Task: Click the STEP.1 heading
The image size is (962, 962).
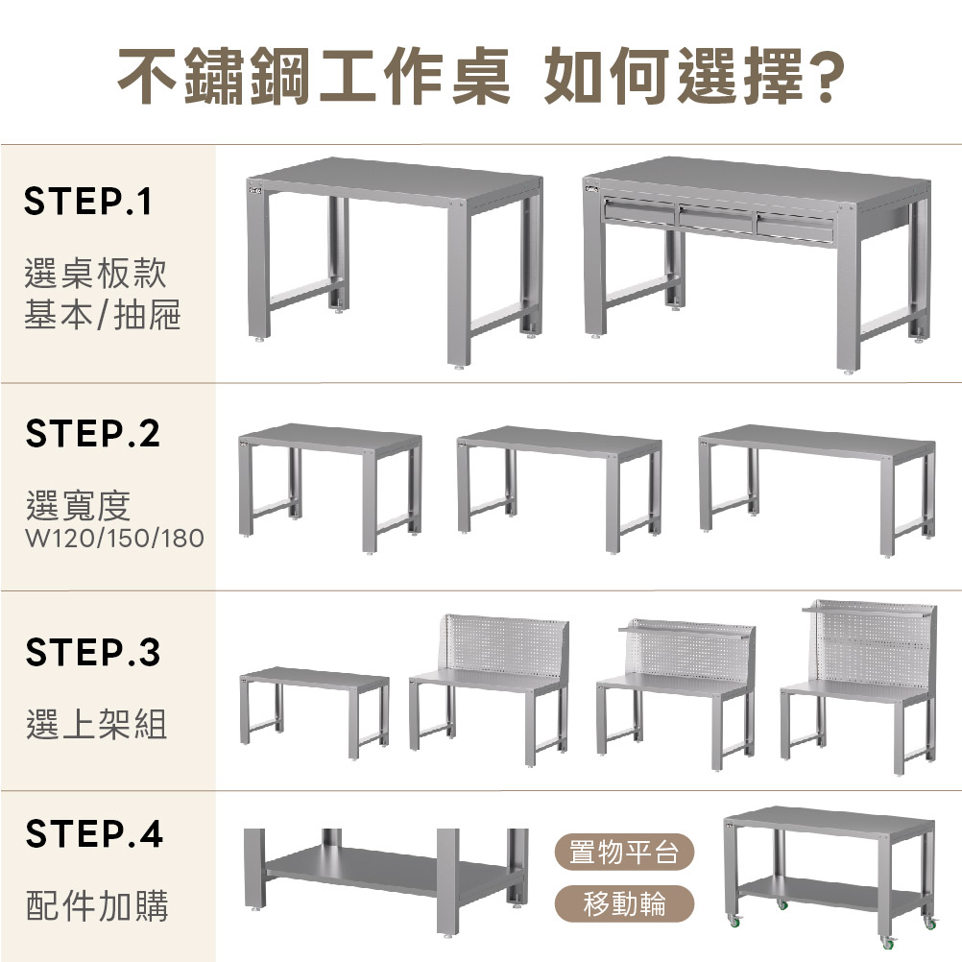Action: click(x=87, y=202)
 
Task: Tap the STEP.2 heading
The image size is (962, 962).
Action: click(x=92, y=433)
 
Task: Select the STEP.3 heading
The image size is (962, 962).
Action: click(x=92, y=652)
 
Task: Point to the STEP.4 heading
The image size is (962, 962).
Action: click(x=94, y=833)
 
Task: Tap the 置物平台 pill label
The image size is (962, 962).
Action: click(x=624, y=852)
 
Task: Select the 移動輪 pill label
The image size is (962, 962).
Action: click(x=624, y=903)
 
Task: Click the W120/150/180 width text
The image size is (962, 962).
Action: click(x=114, y=538)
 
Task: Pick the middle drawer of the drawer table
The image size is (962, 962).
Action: click(x=716, y=218)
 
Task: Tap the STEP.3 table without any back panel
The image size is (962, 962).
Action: click(x=314, y=712)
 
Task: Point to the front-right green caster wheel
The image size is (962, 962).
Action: click(x=887, y=942)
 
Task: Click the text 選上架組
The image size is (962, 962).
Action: click(x=96, y=724)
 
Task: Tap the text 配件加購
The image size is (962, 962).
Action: click(x=97, y=905)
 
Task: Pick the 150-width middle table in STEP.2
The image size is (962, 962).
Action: click(x=560, y=489)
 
